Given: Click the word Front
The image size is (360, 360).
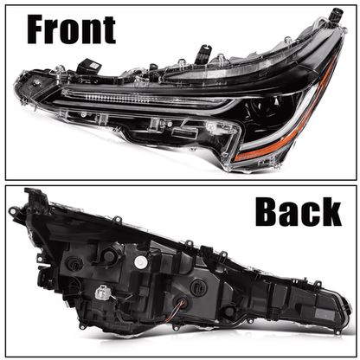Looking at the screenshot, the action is tap(71, 29).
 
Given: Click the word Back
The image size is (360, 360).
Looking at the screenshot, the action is tap(299, 211).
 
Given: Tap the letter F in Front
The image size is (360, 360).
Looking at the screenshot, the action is tap(37, 29).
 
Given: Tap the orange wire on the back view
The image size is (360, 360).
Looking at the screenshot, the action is tap(180, 306).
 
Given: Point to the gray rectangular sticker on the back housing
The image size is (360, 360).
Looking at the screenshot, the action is tap(324, 313).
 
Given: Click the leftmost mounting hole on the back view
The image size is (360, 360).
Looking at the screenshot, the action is tap(13, 211).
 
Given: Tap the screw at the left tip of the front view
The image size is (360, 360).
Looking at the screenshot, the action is tap(36, 83).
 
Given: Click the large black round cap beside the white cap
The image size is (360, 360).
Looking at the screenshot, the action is tap(109, 255).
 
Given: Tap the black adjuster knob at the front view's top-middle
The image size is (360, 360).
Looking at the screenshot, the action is tap(203, 54).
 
